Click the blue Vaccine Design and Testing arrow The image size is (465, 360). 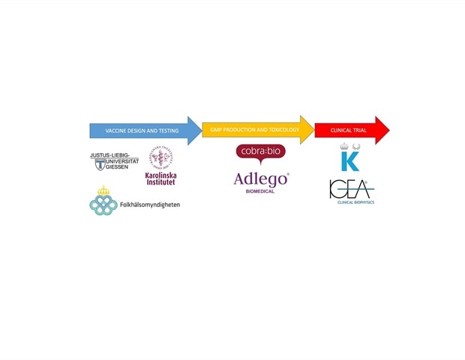pos(142,130)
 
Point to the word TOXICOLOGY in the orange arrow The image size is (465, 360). pos(282,130)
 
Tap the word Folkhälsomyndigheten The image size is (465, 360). pos(150,205)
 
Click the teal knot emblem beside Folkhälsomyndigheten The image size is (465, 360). pos(103,204)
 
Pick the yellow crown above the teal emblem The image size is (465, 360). pos(103,190)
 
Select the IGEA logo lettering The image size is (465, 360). pos(349,189)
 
